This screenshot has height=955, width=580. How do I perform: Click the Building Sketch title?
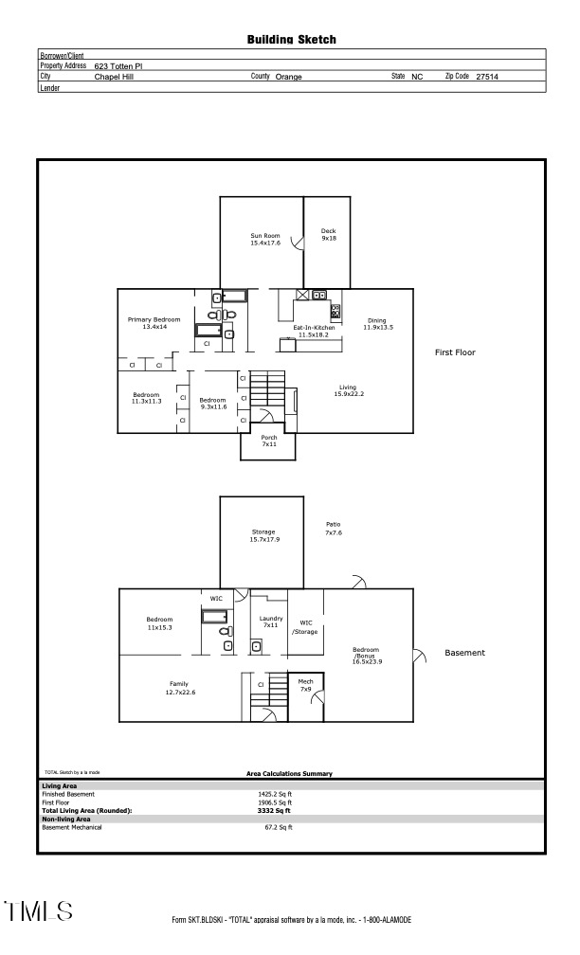[x=291, y=40]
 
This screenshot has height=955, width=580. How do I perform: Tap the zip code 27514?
[x=486, y=77]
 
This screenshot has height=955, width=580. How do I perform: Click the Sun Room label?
[x=265, y=239]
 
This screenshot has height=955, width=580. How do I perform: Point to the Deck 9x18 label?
[x=328, y=235]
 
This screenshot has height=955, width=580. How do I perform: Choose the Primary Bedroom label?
[x=154, y=323]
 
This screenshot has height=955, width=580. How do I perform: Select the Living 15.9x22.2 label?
[x=348, y=390]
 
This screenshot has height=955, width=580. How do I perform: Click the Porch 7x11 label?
[x=269, y=441]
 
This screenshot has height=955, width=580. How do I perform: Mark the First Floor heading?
[x=455, y=352]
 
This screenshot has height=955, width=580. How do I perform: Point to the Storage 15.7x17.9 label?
[x=263, y=535]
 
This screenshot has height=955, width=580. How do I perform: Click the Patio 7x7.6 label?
[x=333, y=529]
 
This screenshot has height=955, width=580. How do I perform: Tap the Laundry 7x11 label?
[x=271, y=622]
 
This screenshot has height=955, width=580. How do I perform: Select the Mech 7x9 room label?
[x=306, y=685]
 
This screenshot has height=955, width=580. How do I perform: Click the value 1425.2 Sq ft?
[x=276, y=794]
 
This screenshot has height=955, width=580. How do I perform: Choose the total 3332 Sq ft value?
[x=276, y=811]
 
